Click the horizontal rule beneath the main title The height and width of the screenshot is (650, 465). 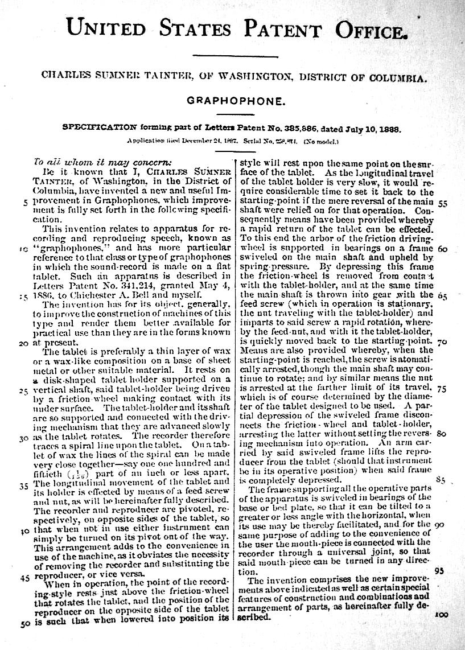click(x=235, y=55)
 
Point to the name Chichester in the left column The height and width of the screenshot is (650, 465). click(x=90, y=295)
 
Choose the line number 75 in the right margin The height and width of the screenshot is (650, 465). click(x=443, y=389)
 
